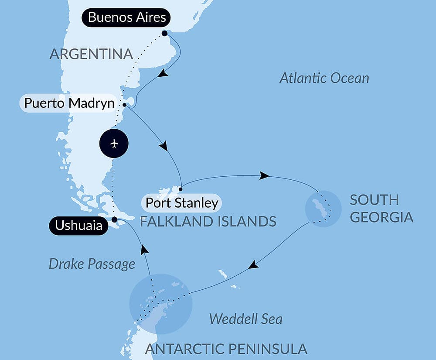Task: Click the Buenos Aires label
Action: tap(126, 18)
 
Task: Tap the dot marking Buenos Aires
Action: tap(164, 33)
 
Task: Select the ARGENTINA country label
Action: tap(91, 54)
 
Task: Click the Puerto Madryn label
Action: tap(69, 103)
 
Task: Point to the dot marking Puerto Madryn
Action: tap(125, 105)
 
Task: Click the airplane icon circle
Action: tap(114, 143)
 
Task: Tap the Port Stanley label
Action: tap(181, 203)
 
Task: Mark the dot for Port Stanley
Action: tap(180, 189)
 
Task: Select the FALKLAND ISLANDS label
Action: tap(208, 221)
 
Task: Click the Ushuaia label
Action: tap(78, 226)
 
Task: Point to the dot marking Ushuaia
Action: tap(114, 219)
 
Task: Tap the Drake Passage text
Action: tap(92, 264)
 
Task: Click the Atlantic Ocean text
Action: tap(324, 78)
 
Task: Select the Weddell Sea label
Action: tap(245, 319)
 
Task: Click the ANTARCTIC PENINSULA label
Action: tap(226, 349)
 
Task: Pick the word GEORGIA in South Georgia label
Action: tap(381, 217)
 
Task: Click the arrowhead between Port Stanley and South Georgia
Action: tap(264, 176)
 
